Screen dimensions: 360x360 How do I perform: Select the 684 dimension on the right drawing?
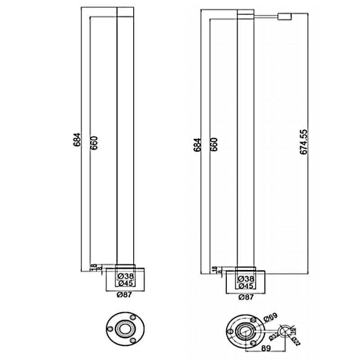pos(197,144)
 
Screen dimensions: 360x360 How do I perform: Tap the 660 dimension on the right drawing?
pos(214,144)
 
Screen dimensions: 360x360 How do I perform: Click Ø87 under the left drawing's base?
pos(125,295)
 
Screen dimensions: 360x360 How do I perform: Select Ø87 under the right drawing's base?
pos(246,297)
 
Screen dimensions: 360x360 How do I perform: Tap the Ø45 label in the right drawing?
pos(246,285)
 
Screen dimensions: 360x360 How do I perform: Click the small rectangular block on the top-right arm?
pos(285,17)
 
